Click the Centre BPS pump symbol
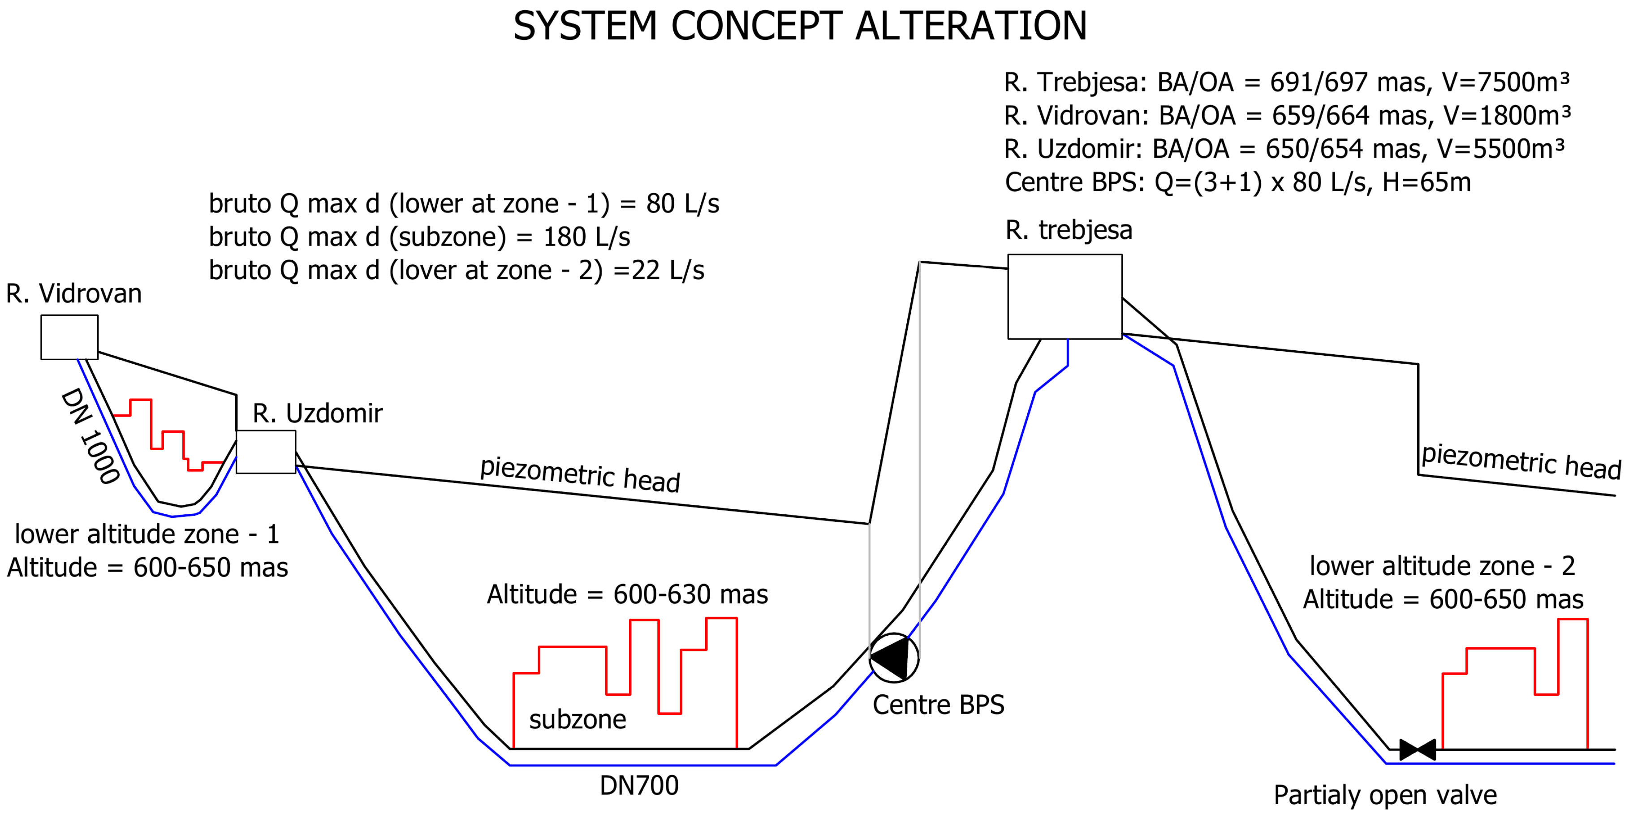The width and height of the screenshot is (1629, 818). pos(893,658)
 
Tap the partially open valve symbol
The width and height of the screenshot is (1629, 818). pos(1417,750)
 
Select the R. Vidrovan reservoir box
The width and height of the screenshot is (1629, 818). pos(69,337)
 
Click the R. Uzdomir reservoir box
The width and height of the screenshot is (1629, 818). pos(266,452)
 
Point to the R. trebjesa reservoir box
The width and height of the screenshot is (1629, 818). pos(1064,297)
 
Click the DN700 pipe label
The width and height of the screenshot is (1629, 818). pos(639,786)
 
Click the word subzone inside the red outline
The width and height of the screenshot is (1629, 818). pos(577,719)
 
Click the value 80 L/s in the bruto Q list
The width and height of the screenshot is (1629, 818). pos(682,203)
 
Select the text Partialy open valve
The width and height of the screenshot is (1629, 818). pos(1385,795)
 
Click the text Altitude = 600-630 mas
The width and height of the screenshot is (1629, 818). pos(627,594)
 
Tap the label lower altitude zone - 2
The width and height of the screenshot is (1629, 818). pos(1442,566)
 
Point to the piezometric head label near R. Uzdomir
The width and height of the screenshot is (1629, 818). pos(580,474)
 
